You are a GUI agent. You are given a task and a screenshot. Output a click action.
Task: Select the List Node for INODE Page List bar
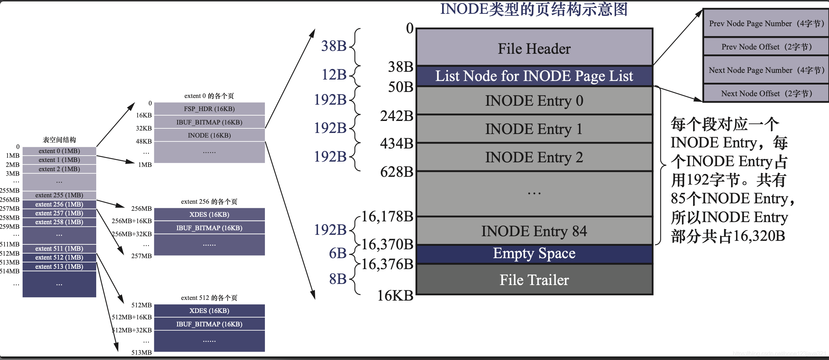pyautogui.click(x=534, y=76)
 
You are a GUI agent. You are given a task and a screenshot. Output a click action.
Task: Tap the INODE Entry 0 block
pyautogui.click(x=534, y=101)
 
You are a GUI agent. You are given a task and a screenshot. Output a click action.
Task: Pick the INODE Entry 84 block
pyautogui.click(x=534, y=231)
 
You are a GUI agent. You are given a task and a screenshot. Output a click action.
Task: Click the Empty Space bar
pyautogui.click(x=534, y=254)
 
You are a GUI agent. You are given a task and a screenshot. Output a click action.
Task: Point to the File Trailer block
pyautogui.click(x=534, y=280)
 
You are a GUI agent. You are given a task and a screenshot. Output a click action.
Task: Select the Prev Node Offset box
pyautogui.click(x=766, y=47)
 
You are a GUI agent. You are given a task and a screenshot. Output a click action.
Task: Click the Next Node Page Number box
pyautogui.click(x=766, y=70)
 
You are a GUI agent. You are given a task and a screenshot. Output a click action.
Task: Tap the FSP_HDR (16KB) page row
pyautogui.click(x=209, y=109)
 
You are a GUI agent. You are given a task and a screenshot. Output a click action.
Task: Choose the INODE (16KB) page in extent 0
pyautogui.click(x=209, y=135)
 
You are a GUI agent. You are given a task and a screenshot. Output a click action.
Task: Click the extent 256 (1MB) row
pyautogui.click(x=59, y=204)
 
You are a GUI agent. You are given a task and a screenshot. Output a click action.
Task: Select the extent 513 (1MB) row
pyautogui.click(x=59, y=267)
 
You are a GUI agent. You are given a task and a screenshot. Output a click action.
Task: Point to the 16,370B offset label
pyautogui.click(x=387, y=244)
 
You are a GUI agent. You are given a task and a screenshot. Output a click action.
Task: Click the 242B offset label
pyautogui.click(x=396, y=116)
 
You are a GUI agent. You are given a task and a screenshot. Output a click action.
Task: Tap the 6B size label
pyautogui.click(x=337, y=253)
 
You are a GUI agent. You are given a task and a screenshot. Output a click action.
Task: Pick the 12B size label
pyautogui.click(x=334, y=75)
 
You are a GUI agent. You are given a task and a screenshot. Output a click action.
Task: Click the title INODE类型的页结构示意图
pyautogui.click(x=534, y=9)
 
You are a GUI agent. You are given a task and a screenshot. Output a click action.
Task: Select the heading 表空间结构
pyautogui.click(x=59, y=140)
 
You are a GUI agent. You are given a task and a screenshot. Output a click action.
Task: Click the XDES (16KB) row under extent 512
pyautogui.click(x=209, y=311)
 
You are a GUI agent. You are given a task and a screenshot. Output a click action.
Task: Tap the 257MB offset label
pyautogui.click(x=141, y=256)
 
